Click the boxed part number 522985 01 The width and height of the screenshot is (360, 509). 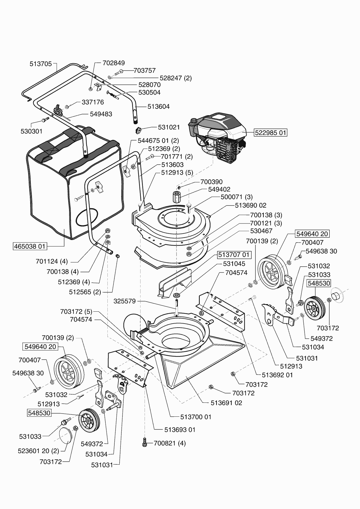coord(271,133)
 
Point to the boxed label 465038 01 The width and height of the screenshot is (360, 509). coord(30,246)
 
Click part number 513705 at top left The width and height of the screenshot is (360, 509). coord(41,64)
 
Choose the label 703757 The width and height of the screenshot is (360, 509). coord(145,71)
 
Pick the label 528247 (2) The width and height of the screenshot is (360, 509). coord(176,78)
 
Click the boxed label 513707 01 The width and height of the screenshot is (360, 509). coord(234,255)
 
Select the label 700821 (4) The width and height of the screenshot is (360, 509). coord(170,443)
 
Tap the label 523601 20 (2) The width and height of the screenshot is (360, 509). coord(38,451)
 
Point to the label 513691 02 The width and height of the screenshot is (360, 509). coord(226,403)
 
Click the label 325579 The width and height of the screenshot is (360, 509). coord(125,301)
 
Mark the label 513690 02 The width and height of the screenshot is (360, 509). coord(251,205)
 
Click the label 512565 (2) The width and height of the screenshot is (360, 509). coord(85,292)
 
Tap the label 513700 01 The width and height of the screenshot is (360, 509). coord(196,417)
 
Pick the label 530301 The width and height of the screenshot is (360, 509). coord(31,131)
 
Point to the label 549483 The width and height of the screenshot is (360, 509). coord(101,114)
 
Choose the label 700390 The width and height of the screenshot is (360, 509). coord(211,182)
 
